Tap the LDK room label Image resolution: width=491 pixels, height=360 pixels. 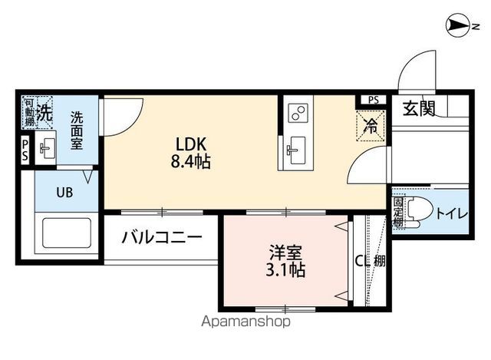point(192,144)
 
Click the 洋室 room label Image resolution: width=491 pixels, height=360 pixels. point(284,252)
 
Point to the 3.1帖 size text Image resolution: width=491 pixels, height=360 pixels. point(284,270)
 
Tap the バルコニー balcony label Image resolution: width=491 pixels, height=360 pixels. point(162,238)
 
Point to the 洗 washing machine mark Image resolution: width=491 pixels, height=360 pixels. point(45,112)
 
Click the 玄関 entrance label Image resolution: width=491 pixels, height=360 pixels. point(419,108)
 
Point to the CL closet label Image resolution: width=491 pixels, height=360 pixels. point(361,260)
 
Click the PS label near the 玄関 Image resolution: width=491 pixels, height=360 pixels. point(373,100)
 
